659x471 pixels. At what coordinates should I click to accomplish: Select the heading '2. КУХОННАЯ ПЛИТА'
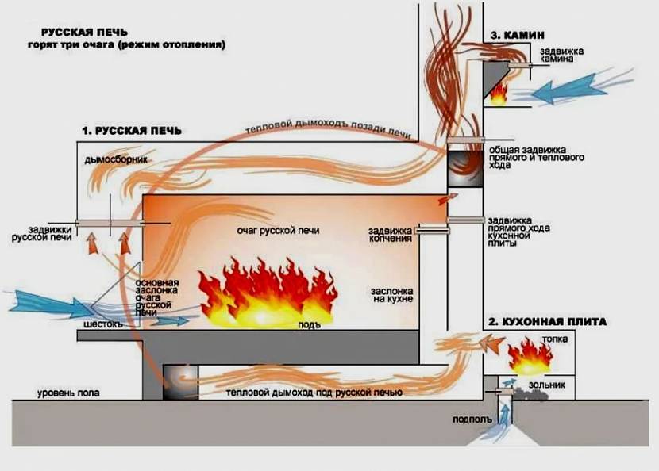click(547, 322)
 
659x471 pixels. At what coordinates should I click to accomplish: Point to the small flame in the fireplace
click(498, 95)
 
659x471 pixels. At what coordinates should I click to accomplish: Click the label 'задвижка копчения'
click(390, 235)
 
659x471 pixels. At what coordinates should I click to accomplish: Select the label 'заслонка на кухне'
click(391, 296)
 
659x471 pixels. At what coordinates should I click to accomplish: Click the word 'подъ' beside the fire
click(309, 325)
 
